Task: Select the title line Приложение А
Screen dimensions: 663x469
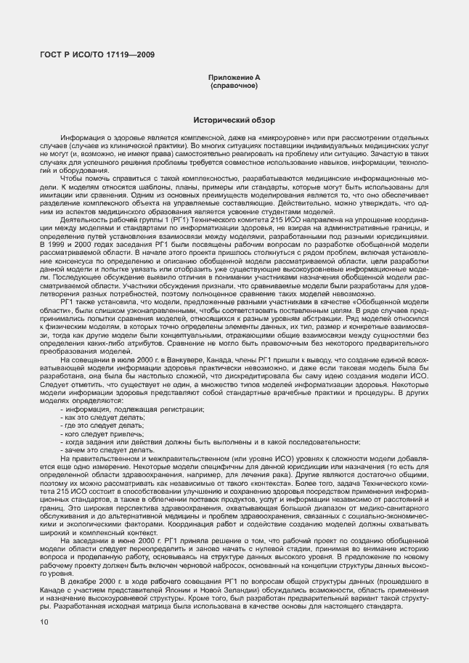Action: click(234, 77)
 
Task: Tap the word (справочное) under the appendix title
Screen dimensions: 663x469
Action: click(234, 85)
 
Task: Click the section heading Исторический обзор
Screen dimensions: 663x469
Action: click(234, 119)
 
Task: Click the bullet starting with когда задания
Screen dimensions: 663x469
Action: click(211, 442)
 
